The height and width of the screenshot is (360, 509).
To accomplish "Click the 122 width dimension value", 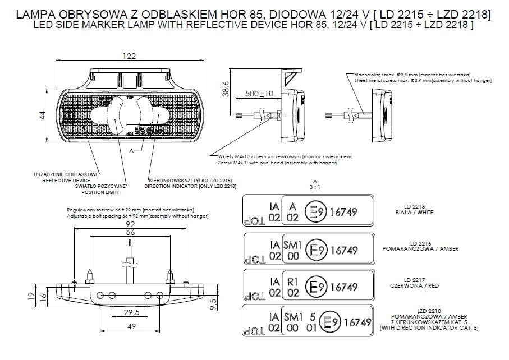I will [130, 56].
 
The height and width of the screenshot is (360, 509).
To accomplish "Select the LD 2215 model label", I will [414, 206].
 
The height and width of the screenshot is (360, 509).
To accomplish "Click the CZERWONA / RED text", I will [414, 285].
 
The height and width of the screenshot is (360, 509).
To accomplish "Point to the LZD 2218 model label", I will [414, 311].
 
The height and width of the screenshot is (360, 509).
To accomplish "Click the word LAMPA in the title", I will [38, 13].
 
